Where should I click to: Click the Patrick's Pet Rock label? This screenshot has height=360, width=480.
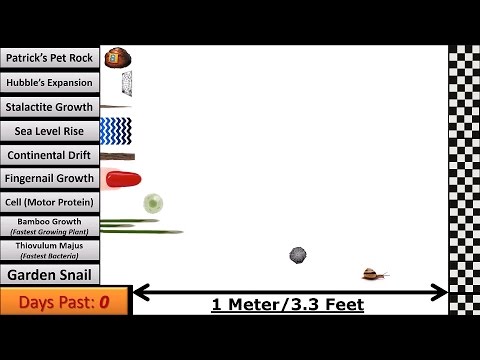(49, 58)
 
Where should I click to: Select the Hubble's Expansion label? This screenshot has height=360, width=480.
(49, 82)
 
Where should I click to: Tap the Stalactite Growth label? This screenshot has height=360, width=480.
(49, 106)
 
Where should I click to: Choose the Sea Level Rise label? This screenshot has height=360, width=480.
(49, 130)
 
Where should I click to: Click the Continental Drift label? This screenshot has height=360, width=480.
(49, 155)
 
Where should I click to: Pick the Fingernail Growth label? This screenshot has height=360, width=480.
(49, 179)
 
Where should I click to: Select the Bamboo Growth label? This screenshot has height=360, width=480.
(49, 226)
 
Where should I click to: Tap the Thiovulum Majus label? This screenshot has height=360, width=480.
(49, 249)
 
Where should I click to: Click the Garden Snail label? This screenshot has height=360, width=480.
(49, 273)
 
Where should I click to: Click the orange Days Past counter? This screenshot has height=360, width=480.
(64, 300)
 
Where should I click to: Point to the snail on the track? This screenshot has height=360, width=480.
(375, 273)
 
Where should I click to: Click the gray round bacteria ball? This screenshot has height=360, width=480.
(298, 256)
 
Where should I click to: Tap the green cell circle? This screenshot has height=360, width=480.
(153, 203)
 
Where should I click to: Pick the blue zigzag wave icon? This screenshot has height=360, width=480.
(116, 130)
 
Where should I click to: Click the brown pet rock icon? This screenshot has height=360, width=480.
(117, 58)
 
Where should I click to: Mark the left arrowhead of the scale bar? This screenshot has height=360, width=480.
(139, 292)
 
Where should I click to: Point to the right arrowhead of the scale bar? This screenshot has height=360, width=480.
(441, 292)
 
